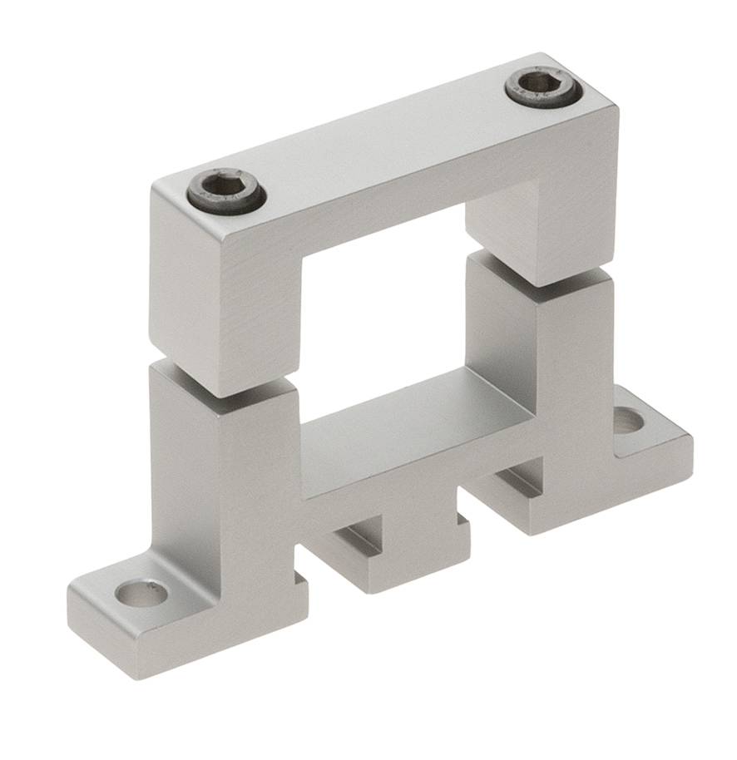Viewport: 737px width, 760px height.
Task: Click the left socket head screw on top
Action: (x=226, y=193)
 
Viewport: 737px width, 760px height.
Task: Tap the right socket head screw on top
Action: (x=541, y=86)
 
